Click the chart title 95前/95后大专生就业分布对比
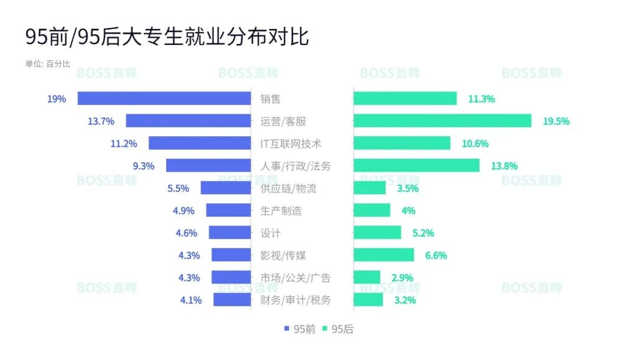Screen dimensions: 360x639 pos(167,37)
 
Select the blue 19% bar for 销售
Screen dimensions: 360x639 pos(164,99)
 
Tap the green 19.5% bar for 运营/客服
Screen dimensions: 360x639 pos(442,121)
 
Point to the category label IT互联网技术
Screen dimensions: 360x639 pos(291,144)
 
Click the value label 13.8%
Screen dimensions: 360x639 pos(504,166)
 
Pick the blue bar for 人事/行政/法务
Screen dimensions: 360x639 pos(208,166)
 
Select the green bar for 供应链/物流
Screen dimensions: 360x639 pos(369,188)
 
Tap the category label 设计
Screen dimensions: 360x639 pos(270,233)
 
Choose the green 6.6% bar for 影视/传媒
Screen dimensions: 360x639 pos(383,255)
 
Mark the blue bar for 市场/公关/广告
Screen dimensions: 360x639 pos(231,278)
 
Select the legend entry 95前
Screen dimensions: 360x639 pos(300,329)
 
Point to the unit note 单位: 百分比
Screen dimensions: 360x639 pos(47,64)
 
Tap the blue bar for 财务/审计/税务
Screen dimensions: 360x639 pos(232,300)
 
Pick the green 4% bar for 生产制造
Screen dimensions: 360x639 pos(372,211)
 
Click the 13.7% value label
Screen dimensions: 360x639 pos(101,121)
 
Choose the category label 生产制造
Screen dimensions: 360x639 pos(281,211)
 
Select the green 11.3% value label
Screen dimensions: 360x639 pos(481,99)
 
